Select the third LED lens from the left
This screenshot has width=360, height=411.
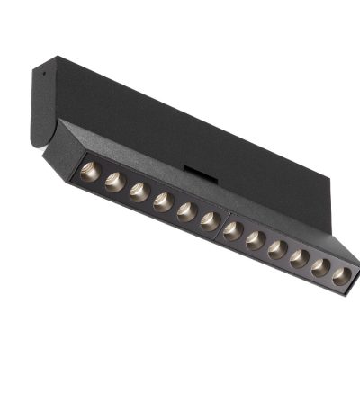click(x=139, y=192)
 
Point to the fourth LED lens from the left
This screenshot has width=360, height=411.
click(x=163, y=201)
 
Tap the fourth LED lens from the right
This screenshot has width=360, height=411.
click(x=278, y=249)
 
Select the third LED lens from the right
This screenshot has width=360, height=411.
click(x=300, y=259)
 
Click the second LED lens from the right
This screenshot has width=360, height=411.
click(x=321, y=268)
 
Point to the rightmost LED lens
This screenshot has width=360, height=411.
click(x=342, y=277)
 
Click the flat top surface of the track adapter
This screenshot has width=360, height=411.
click(x=180, y=112)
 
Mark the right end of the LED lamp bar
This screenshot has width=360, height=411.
click(x=354, y=270)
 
